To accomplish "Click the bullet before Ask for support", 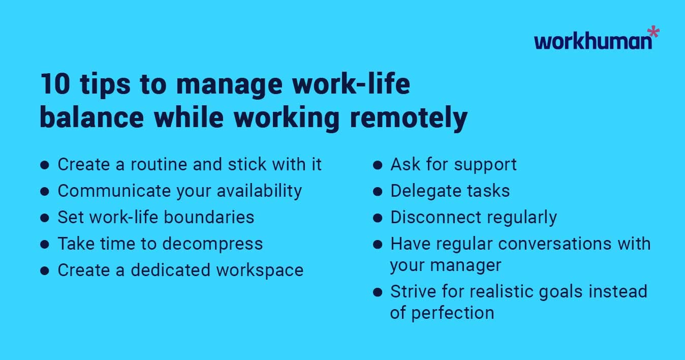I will [377, 165].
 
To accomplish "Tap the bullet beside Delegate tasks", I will [377, 192].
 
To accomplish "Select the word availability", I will [259, 191].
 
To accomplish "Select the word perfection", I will [452, 313].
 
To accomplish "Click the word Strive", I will [412, 292].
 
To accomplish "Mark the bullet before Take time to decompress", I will [45, 245].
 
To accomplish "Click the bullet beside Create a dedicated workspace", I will [45, 271].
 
